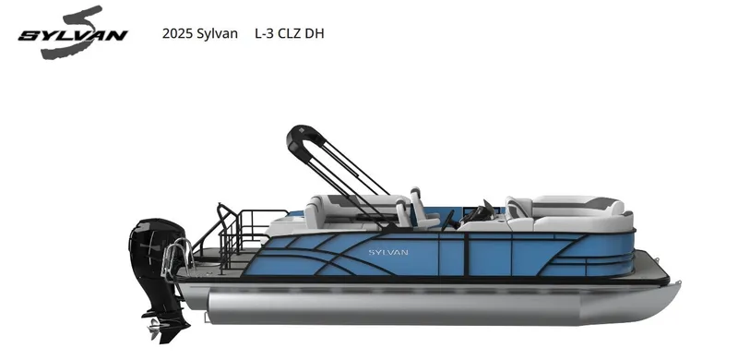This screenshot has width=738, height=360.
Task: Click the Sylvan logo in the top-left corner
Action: tap(72, 34)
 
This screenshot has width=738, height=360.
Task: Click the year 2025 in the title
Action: tap(176, 34)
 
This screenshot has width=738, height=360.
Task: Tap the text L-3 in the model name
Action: tap(267, 34)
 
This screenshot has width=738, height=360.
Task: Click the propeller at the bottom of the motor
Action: tap(156, 326)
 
